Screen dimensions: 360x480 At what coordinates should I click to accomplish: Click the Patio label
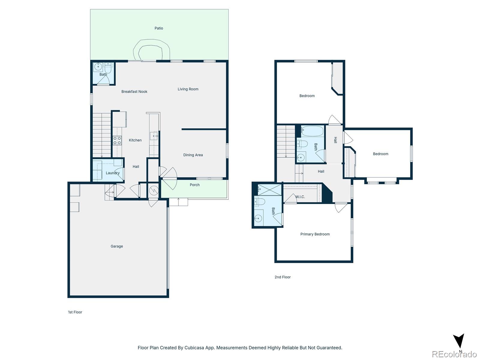pos(159,28)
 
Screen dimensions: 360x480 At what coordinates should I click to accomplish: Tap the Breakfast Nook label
pos(134,91)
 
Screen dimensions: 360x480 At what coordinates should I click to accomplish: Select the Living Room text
pos(188,89)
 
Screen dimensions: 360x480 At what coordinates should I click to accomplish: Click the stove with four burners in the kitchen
pos(117,140)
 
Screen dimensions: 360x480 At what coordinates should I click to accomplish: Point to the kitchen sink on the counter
pos(154,136)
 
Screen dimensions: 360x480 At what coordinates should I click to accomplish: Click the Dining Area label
pos(193,155)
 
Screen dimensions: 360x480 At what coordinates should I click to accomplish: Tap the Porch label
pos(194,185)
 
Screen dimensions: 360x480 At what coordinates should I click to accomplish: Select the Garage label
pos(117,246)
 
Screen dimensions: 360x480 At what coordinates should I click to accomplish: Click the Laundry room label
pos(112,173)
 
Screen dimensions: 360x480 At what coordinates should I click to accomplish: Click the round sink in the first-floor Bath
pos(97,67)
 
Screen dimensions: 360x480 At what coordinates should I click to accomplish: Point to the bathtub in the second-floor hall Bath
pos(312,131)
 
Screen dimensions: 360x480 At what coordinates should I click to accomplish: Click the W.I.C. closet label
pos(300,197)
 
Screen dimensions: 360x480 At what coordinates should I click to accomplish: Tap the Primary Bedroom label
pos(315,234)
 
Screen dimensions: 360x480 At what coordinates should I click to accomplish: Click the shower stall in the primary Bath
pos(269,190)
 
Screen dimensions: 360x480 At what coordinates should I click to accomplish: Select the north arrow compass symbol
pos(459,341)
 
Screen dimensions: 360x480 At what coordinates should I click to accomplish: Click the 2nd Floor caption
pos(282,277)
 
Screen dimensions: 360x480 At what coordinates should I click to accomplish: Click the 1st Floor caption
pos(75,312)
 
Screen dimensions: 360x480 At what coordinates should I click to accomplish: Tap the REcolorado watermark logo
pos(454,354)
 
